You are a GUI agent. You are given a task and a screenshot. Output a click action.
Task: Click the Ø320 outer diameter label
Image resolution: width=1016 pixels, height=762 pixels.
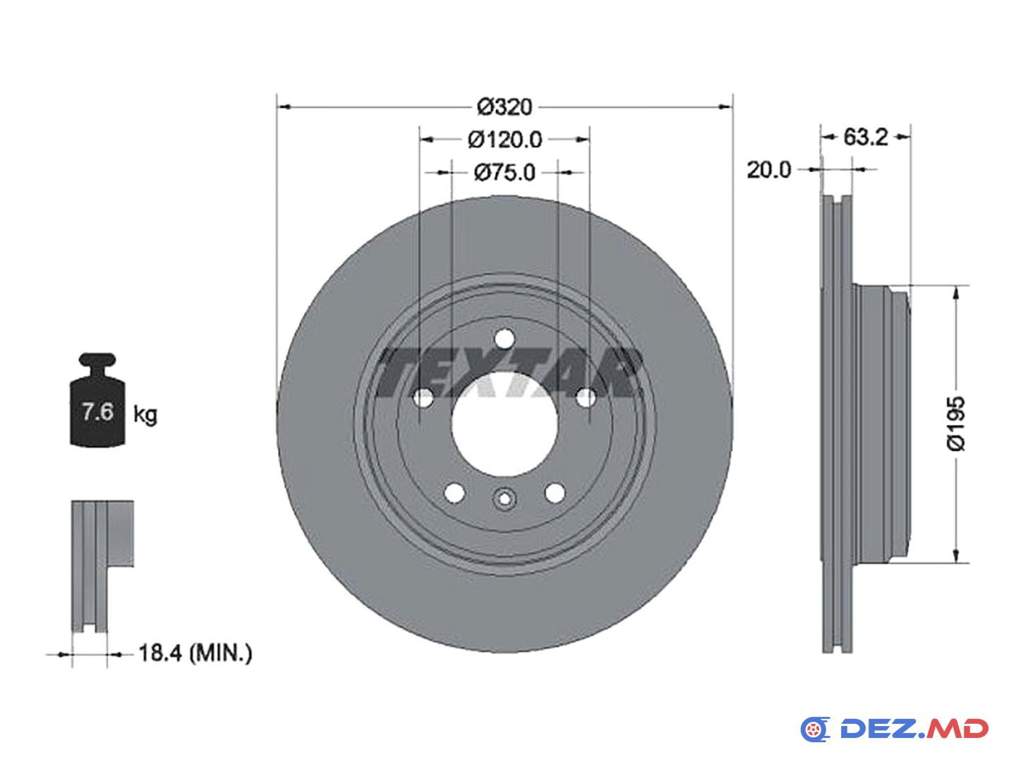[x=504, y=107]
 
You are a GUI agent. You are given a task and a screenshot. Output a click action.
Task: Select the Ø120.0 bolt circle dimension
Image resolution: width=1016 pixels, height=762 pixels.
[x=504, y=139]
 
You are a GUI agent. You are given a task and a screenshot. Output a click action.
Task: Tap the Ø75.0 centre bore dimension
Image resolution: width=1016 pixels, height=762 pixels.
[x=504, y=173]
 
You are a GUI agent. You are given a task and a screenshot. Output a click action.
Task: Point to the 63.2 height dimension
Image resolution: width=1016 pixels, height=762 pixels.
[x=865, y=137]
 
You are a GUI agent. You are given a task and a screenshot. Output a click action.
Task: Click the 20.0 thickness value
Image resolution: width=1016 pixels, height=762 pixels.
[x=769, y=170]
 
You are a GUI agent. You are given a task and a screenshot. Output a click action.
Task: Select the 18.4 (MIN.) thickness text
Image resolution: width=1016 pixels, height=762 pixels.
[x=195, y=653]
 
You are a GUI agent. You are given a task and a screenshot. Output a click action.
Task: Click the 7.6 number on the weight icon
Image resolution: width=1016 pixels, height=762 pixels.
[x=97, y=411]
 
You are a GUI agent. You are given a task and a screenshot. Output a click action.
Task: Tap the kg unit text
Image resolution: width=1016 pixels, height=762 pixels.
[x=145, y=415]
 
